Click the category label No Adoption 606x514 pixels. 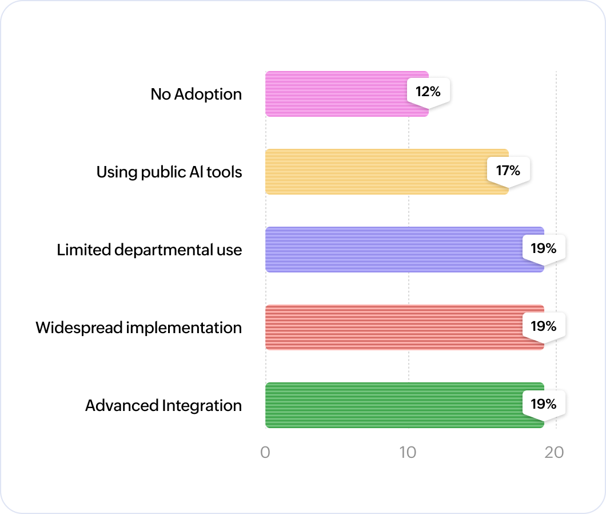click(x=196, y=94)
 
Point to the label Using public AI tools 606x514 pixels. click(x=169, y=172)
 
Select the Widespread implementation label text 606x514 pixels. click(x=138, y=328)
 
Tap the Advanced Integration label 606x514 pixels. click(x=164, y=406)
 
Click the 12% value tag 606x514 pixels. click(x=428, y=90)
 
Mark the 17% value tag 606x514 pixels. click(x=508, y=170)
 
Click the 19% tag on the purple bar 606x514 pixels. click(x=543, y=248)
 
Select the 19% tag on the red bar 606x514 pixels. click(x=543, y=326)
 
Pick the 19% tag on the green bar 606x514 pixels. click(x=543, y=404)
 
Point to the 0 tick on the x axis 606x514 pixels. click(x=265, y=452)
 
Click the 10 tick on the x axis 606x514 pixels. click(x=408, y=452)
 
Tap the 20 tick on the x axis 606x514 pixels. click(x=554, y=452)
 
